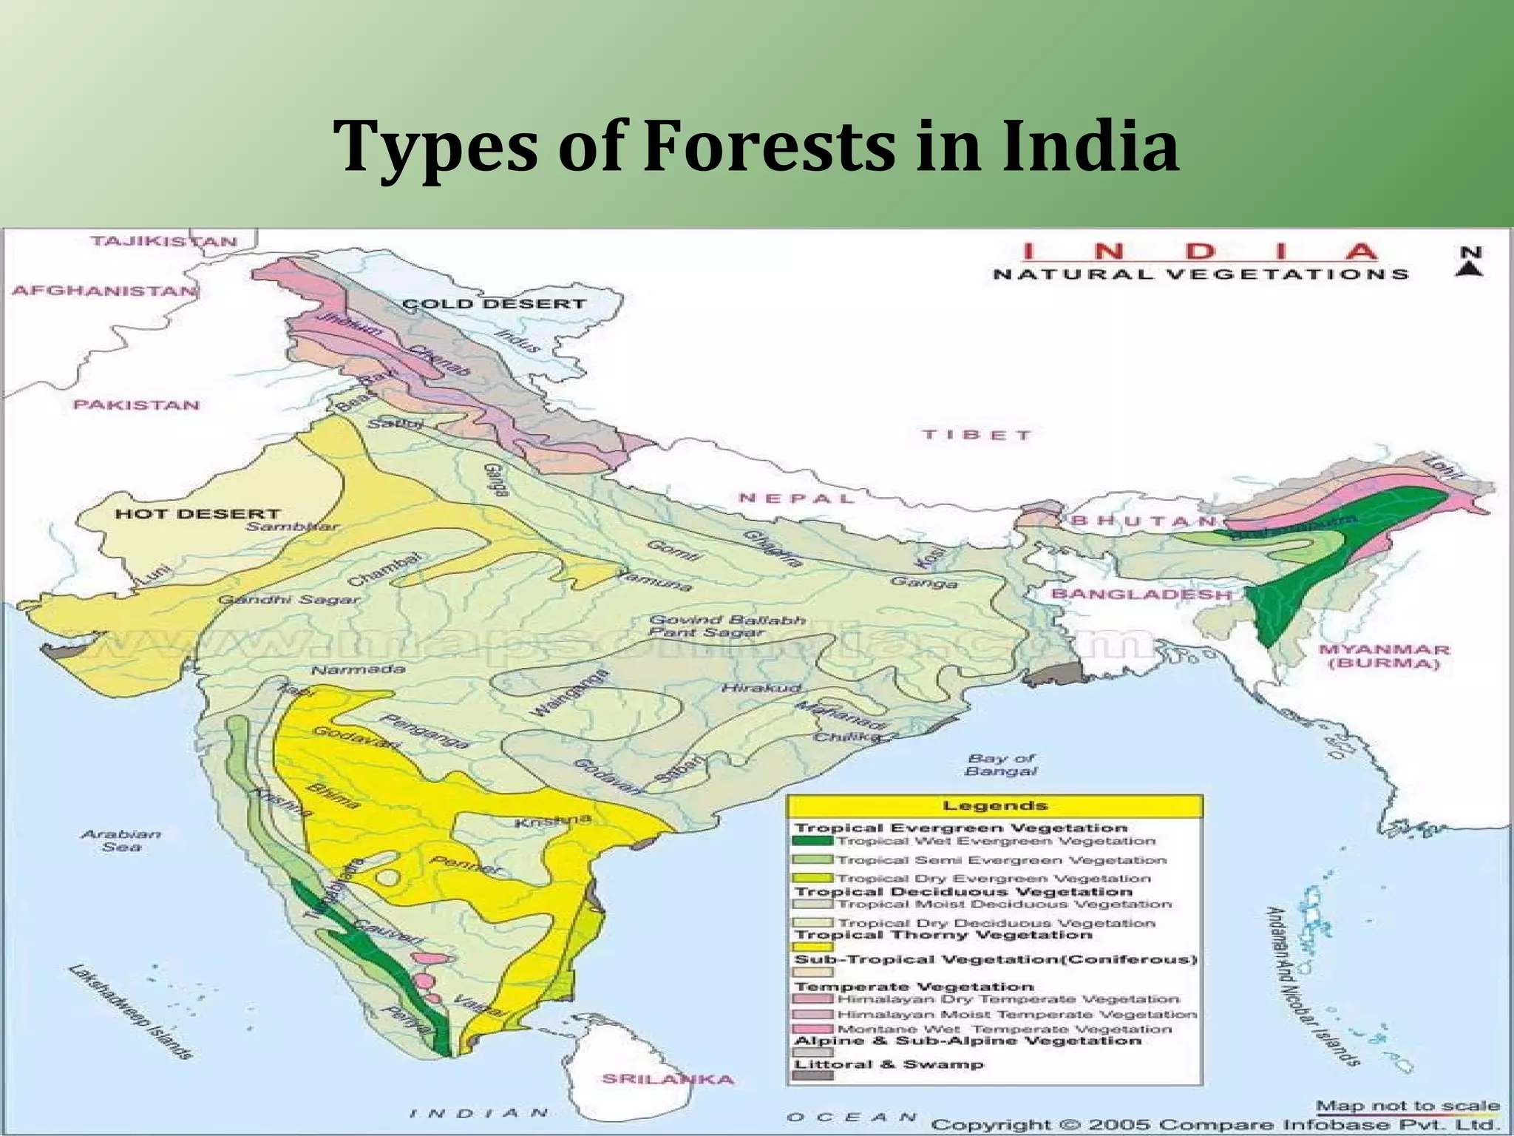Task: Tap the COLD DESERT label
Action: click(494, 304)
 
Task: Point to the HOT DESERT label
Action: click(197, 513)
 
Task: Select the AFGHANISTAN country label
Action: click(104, 291)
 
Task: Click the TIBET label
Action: click(976, 435)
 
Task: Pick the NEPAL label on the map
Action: click(796, 498)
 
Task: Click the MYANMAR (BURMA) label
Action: click(1384, 656)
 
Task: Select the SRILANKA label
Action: click(668, 1079)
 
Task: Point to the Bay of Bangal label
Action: click(1001, 765)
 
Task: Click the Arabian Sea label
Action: click(120, 840)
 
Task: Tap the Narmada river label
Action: click(358, 670)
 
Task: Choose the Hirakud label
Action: click(761, 688)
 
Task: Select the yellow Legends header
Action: click(994, 806)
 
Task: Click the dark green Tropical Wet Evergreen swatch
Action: click(812, 841)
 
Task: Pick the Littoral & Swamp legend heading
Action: click(889, 1064)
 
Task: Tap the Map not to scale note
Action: click(1408, 1106)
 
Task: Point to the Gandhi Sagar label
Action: click(290, 599)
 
